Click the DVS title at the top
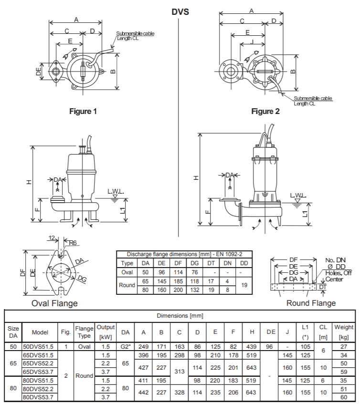pyautogui.click(x=180, y=11)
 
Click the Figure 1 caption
pyautogui.click(x=83, y=111)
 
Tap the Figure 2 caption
pyautogui.click(x=265, y=111)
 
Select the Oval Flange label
pyautogui.click(x=54, y=302)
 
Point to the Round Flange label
pyautogui.click(x=311, y=303)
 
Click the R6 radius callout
pyautogui.click(x=73, y=243)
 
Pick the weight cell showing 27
pyautogui.click(x=344, y=346)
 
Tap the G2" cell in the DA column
pyautogui.click(x=126, y=346)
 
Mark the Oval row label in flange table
pyautogui.click(x=127, y=272)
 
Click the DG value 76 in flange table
pyautogui.click(x=195, y=272)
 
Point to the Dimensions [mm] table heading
pyautogui.click(x=180, y=316)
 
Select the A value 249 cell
pyautogui.click(x=144, y=346)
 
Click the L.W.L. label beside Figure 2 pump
pyautogui.click(x=298, y=196)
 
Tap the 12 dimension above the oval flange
pyautogui.click(x=51, y=238)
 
